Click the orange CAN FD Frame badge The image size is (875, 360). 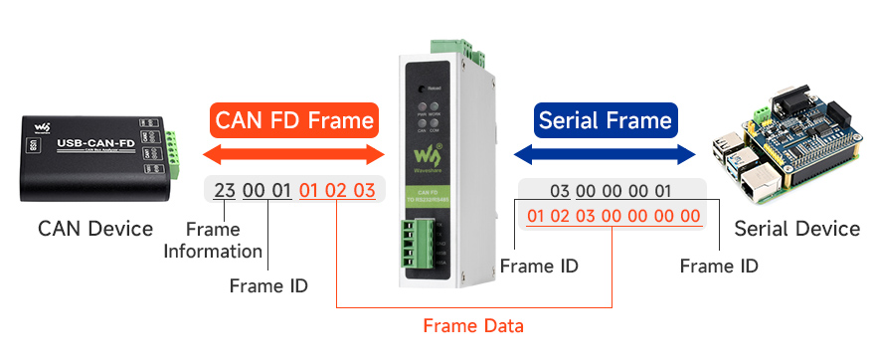[295, 121]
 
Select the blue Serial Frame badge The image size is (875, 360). [605, 121]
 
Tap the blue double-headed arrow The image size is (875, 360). [605, 154]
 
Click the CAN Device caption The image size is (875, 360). [95, 229]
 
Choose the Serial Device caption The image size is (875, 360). [796, 229]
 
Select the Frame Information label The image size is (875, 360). [213, 241]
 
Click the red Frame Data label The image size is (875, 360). [473, 325]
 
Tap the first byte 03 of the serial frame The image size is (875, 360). [560, 191]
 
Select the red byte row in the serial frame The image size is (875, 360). [612, 216]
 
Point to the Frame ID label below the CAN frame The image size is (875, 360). [268, 286]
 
